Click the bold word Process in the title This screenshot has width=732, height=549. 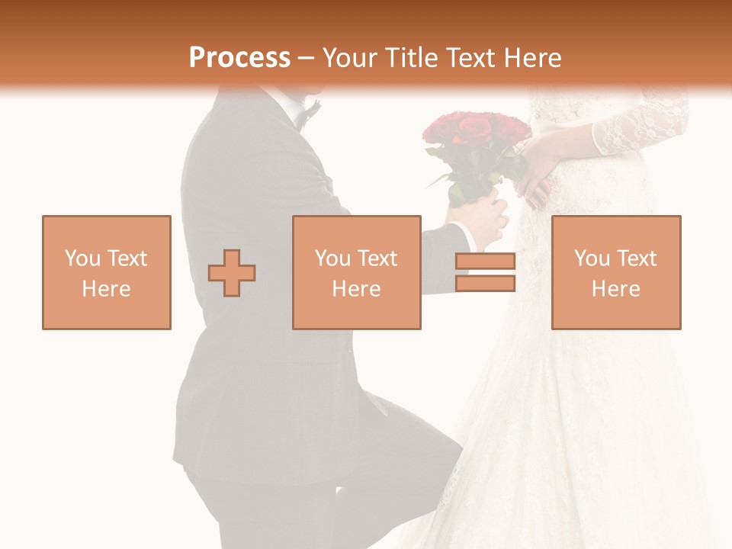point(239,58)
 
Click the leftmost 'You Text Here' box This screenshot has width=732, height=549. point(106,272)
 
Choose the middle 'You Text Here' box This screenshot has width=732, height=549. point(356,272)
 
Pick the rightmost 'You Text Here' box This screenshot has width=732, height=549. point(615,272)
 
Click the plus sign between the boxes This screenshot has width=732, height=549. point(232,273)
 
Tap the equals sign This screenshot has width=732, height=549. point(485,272)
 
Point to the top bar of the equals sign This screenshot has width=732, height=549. point(485,262)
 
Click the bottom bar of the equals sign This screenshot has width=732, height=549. point(485,283)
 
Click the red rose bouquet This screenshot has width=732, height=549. point(477,133)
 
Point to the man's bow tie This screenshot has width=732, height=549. point(309,114)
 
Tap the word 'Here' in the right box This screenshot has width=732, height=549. point(615,288)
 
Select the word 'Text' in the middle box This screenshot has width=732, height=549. point(377,258)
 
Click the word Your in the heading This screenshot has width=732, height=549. point(349,58)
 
